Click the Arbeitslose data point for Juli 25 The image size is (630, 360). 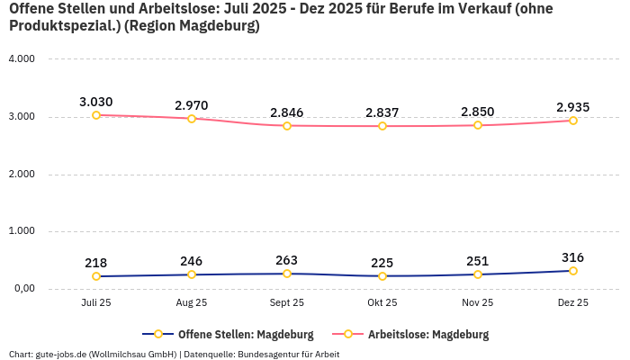point(96,115)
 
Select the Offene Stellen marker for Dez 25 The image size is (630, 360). point(573,271)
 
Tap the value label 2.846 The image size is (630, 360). point(287,112)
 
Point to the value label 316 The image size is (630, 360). point(573,257)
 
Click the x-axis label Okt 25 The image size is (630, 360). point(382,303)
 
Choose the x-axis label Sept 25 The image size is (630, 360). point(287,303)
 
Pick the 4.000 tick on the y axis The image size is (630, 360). point(21,58)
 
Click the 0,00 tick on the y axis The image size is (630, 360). point(22,289)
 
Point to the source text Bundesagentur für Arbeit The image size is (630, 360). point(288,354)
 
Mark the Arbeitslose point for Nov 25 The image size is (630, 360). point(478,125)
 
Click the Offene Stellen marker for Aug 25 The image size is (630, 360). point(192,274)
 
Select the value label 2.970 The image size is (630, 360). point(192,105)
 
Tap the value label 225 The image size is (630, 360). point(382,263)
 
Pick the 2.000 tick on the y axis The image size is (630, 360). point(21,174)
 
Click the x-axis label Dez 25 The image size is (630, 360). point(573,303)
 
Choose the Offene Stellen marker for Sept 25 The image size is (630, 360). point(287,274)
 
